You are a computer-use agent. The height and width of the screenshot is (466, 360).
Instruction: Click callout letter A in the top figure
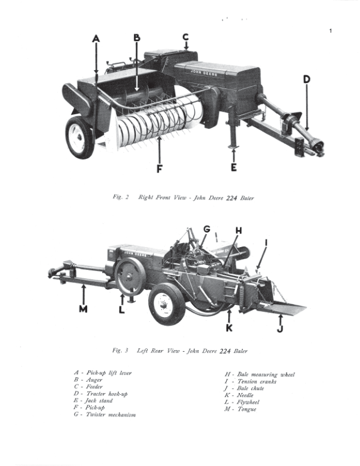96,39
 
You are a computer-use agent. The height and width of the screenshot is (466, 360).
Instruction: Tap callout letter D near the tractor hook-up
306,79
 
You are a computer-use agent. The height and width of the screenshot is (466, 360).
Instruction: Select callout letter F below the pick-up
159,169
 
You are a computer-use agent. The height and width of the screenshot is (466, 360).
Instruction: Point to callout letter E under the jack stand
234,167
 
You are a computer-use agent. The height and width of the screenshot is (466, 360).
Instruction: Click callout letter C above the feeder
186,37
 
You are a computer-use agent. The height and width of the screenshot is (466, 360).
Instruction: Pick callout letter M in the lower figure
83,309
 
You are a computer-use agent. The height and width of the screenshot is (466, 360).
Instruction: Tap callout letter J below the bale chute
280,329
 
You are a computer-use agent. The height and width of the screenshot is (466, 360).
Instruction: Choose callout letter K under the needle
229,328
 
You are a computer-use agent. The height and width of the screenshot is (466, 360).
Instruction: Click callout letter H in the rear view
239,231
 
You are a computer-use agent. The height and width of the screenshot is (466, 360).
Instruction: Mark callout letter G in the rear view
206,229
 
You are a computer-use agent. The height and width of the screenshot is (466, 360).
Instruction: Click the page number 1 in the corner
331,31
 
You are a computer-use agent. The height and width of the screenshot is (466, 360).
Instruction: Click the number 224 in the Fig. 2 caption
231,198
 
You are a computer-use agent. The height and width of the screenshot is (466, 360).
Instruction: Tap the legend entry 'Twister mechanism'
111,415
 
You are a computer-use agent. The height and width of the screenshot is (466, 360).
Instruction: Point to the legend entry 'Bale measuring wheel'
266,375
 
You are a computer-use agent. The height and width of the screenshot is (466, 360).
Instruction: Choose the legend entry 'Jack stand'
99,401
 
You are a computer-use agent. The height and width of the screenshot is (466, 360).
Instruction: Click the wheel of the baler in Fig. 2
79,137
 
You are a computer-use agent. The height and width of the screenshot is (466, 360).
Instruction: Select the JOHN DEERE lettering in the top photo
204,73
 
